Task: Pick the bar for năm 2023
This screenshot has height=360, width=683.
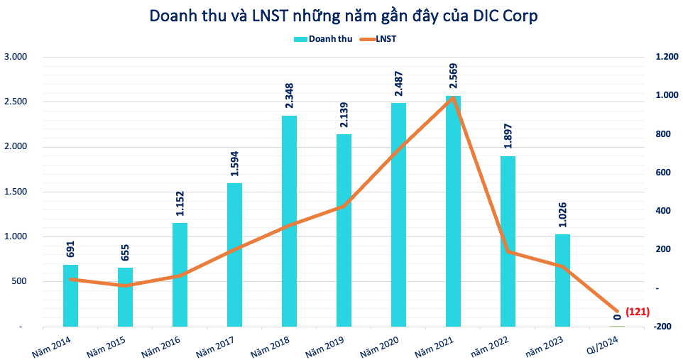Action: [x=562, y=280]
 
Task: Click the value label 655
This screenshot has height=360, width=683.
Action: [x=125, y=252]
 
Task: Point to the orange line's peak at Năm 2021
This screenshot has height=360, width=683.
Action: [x=453, y=98]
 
